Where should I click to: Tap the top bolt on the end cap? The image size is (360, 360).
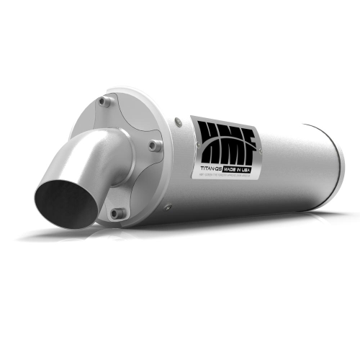105,102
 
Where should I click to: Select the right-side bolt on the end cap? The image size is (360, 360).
154,145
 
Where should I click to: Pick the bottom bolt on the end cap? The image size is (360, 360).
117,213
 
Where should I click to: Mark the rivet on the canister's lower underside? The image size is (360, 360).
168,207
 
